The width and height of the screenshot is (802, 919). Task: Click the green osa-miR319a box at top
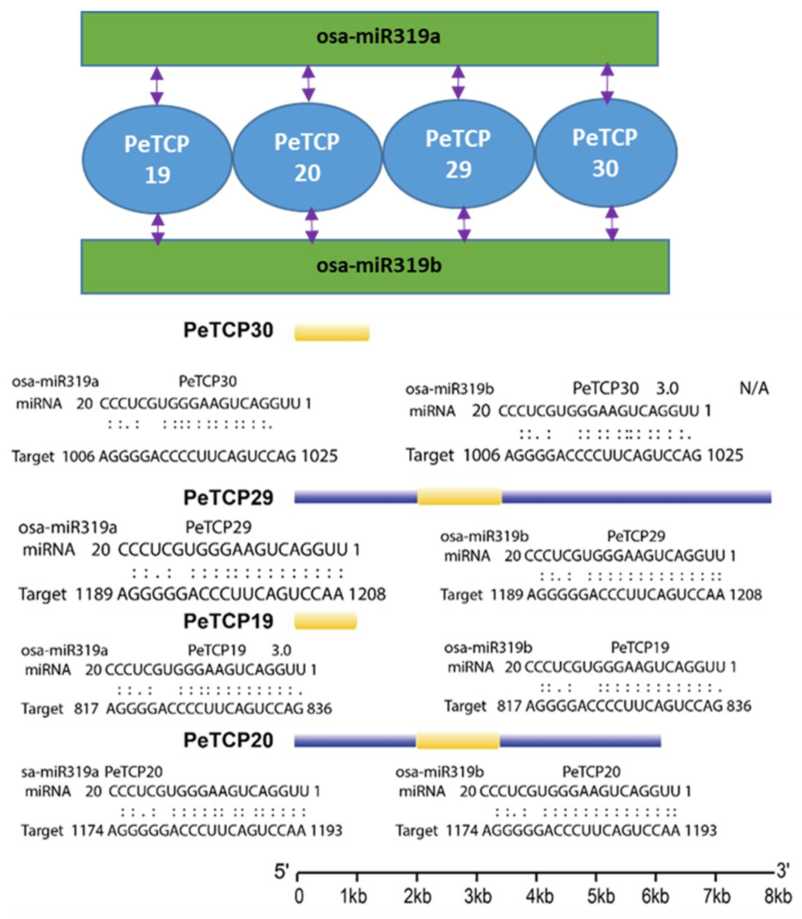click(x=369, y=39)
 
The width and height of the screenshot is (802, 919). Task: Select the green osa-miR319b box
click(x=375, y=266)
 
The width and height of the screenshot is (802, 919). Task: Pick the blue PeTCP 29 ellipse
click(x=458, y=154)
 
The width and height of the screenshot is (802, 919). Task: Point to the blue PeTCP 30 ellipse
click(x=606, y=153)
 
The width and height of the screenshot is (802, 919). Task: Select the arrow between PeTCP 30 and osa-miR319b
click(x=612, y=223)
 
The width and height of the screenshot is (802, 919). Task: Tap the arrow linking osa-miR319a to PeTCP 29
click(x=458, y=82)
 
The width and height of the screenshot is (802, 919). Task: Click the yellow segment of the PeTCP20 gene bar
click(x=458, y=741)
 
